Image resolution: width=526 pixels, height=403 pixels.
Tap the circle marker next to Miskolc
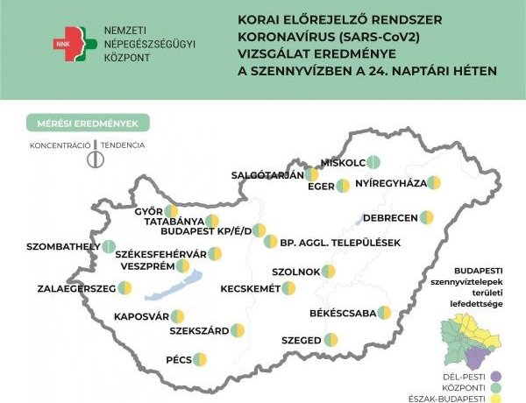[x=373, y=161]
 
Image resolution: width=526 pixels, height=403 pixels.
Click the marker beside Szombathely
[x=109, y=246]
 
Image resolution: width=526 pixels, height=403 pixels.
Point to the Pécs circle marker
[x=200, y=358]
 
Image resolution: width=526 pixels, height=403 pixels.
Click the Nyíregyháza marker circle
[x=433, y=183]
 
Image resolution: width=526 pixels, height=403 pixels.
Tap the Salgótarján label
[x=267, y=174]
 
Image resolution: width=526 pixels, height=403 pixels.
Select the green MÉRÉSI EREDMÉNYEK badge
[x=88, y=124]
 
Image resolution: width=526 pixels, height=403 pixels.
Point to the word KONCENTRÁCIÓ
[x=59, y=145]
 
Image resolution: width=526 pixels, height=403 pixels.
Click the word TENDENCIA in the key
[x=123, y=145]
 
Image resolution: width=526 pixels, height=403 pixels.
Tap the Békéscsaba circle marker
[x=384, y=313]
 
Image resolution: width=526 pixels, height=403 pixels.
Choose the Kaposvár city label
[x=141, y=316]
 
